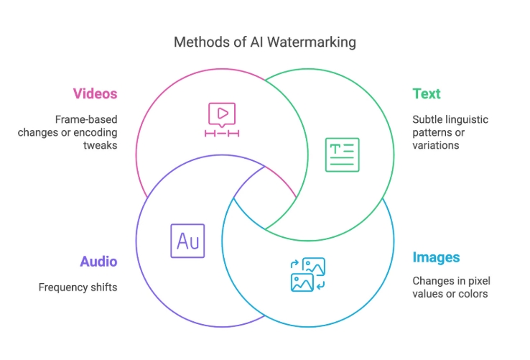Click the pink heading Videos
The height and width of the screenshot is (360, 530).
pos(95,94)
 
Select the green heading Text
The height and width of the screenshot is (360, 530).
pos(427,94)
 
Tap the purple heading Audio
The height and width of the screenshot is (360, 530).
pos(98,262)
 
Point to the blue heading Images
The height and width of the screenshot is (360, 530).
pos(436,257)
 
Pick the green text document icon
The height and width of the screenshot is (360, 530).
pos(342,154)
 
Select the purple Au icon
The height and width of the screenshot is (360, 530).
pos(187,241)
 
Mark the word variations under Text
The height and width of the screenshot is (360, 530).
pos(436,145)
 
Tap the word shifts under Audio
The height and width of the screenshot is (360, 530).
pos(103,287)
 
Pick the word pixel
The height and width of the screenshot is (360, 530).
pos(476,280)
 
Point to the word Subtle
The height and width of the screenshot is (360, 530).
pos(429,119)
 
